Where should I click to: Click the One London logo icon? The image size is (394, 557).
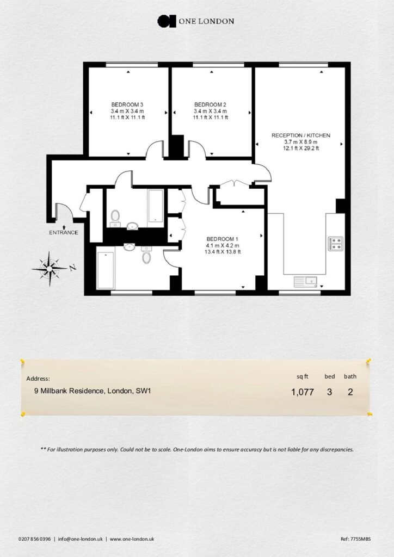tap(167, 21)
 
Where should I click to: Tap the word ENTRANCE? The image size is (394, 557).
tap(64, 233)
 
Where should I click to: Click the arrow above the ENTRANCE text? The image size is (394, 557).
tap(64, 227)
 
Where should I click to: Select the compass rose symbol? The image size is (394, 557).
tap(50, 268)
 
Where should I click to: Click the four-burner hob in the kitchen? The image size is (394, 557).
tap(335, 243)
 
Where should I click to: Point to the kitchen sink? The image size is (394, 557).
tap(305, 282)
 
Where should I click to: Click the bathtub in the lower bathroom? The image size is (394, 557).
tap(106, 270)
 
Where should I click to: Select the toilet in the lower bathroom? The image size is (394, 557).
tap(146, 256)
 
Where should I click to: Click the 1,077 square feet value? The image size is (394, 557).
tap(303, 392)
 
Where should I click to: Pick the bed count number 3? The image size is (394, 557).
tap(330, 392)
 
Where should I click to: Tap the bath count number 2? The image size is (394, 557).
tap(350, 392)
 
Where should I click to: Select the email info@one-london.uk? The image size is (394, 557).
tap(81, 539)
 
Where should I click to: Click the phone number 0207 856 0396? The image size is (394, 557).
tap(34, 539)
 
